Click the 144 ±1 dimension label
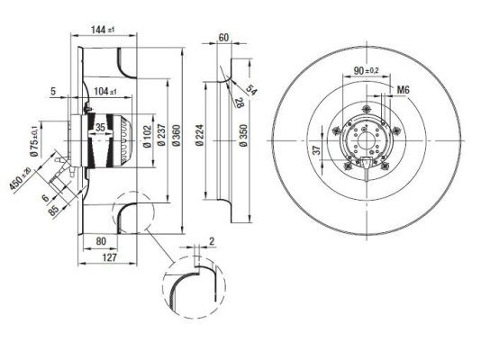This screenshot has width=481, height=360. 103,30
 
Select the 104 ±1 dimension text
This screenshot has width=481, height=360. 105,91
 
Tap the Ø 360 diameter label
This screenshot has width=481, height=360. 177,135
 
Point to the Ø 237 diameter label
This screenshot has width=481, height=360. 161,135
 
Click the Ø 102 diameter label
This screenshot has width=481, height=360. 148,136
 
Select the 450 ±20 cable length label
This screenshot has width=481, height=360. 20,179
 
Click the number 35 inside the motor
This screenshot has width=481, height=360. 100,128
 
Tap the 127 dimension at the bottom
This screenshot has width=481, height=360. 110,257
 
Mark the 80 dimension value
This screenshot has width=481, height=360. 101,241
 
